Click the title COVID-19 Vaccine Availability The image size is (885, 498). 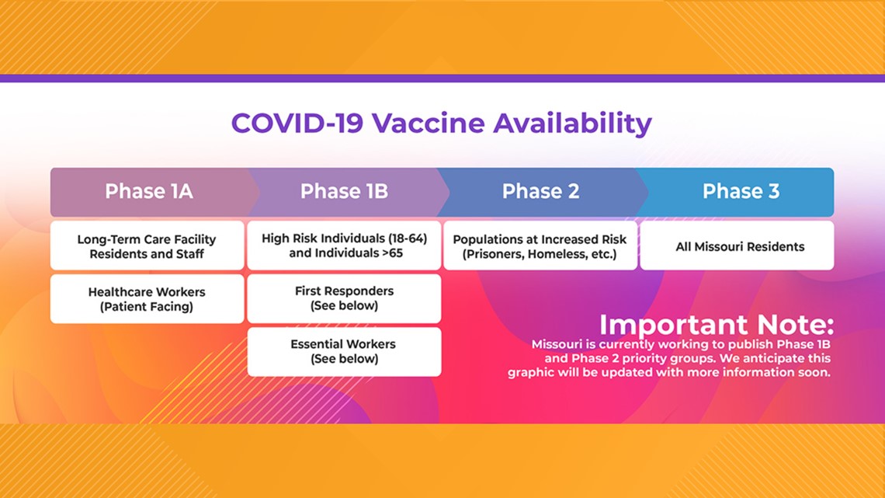pyautogui.click(x=442, y=124)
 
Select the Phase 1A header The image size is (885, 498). pyautogui.click(x=149, y=191)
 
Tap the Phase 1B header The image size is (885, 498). pyautogui.click(x=344, y=191)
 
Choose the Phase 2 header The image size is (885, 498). pyautogui.click(x=541, y=191)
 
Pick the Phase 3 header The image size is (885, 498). pyautogui.click(x=741, y=191)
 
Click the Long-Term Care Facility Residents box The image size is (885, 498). pyautogui.click(x=147, y=246)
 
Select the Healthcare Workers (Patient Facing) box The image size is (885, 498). pyautogui.click(x=147, y=298)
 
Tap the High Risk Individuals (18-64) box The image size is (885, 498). pyautogui.click(x=344, y=246)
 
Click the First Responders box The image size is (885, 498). pyautogui.click(x=344, y=298)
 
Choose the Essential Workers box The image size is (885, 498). pyautogui.click(x=344, y=352)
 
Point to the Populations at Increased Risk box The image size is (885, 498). pyautogui.click(x=540, y=246)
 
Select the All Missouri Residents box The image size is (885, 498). pyautogui.click(x=737, y=246)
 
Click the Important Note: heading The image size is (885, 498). pyautogui.click(x=717, y=325)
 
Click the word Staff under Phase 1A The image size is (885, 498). pyautogui.click(x=189, y=254)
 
